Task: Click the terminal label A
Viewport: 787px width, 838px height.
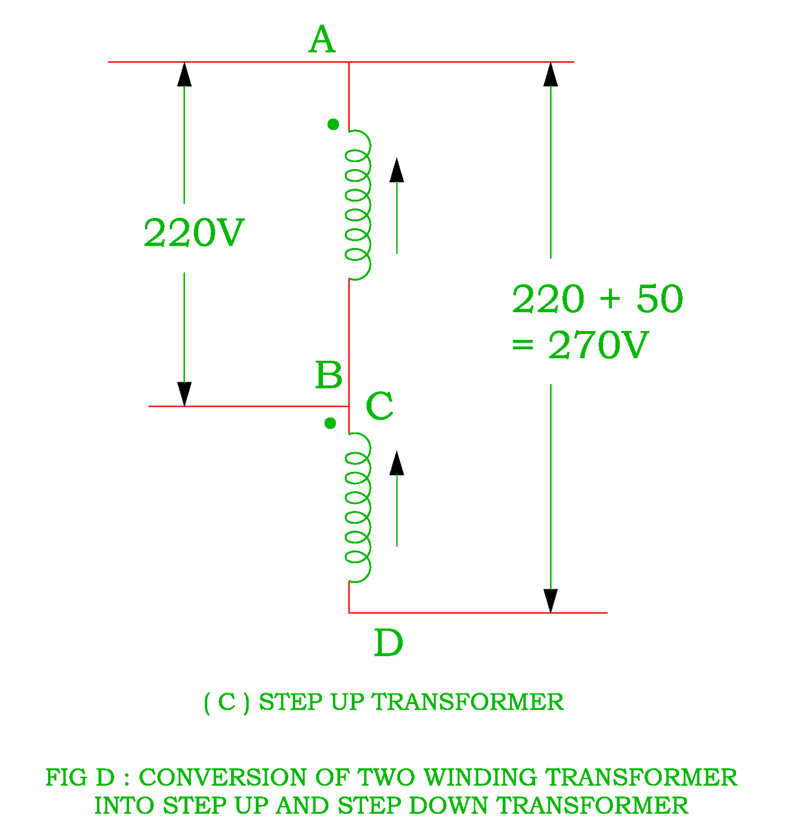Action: tap(321, 40)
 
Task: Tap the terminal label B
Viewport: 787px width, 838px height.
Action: tap(329, 376)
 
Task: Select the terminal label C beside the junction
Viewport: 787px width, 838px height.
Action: tap(379, 406)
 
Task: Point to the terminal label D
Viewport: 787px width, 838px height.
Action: tap(389, 643)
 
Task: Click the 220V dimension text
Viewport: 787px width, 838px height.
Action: tap(193, 233)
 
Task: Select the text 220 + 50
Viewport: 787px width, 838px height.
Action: tap(597, 299)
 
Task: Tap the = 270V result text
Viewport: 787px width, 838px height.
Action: tap(580, 346)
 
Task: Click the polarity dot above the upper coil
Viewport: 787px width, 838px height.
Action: tap(333, 124)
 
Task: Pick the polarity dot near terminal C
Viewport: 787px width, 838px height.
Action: tap(330, 423)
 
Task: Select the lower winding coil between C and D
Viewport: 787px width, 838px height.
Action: tap(358, 507)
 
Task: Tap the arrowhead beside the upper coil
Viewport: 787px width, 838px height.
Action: tap(397, 170)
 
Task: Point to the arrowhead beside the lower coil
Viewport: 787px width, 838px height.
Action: tap(397, 463)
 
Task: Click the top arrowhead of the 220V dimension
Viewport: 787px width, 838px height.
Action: tap(184, 74)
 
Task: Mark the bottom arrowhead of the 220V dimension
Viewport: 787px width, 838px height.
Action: tap(184, 394)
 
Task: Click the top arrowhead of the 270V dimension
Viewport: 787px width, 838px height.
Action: tap(551, 74)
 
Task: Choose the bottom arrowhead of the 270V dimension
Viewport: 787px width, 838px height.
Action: tap(551, 600)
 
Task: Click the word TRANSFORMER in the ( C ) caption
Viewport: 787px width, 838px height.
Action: tap(468, 702)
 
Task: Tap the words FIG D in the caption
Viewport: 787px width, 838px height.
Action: tap(80, 777)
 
